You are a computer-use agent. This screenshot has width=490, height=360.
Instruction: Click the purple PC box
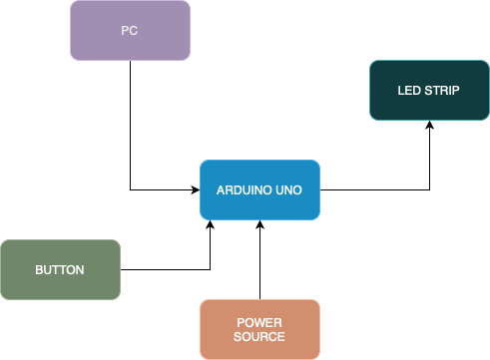[x=130, y=30]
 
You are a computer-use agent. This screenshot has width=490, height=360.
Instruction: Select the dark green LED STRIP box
[x=429, y=91]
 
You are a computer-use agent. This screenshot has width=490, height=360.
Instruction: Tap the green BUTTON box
[x=60, y=269]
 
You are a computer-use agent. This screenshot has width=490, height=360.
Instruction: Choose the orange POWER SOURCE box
[x=259, y=329]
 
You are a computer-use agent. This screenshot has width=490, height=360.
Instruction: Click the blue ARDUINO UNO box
[x=259, y=189]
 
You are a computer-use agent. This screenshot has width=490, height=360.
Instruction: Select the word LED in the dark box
[x=409, y=91]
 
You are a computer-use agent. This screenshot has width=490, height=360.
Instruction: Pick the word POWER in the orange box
[x=259, y=322]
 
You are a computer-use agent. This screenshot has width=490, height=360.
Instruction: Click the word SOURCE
[x=259, y=337]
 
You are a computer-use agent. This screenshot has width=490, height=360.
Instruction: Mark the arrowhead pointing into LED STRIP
[x=429, y=126]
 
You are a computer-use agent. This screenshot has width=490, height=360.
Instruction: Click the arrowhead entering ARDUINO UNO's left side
[x=195, y=189]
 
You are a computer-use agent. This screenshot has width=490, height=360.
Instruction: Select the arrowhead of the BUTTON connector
[x=211, y=225]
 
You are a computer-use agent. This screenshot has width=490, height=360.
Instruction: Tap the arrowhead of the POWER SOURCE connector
[x=259, y=225]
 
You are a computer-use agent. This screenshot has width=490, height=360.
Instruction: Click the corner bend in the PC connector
[x=130, y=189]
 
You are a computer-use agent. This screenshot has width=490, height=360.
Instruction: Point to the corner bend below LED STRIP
[x=429, y=189]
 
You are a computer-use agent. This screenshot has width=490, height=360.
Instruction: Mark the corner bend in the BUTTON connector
[x=211, y=269]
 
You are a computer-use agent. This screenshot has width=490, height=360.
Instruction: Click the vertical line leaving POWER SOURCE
[x=259, y=264]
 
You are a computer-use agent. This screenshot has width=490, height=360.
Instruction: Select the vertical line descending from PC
[x=130, y=120]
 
